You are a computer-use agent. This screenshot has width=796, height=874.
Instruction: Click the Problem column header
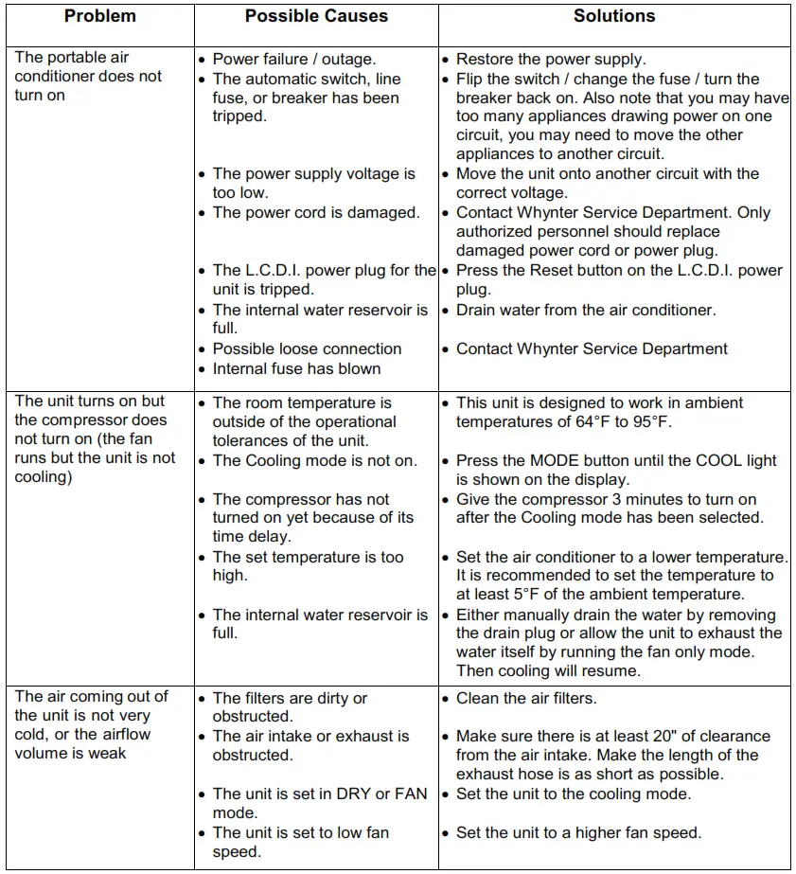(x=99, y=16)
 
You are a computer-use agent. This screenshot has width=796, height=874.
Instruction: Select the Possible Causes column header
(x=316, y=16)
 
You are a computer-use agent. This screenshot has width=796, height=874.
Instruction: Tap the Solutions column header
(x=613, y=16)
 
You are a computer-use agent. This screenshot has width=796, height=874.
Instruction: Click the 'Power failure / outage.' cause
(x=294, y=60)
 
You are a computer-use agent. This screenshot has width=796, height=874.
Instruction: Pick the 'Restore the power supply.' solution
(x=551, y=60)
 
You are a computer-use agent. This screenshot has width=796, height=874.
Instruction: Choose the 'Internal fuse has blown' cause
(x=296, y=368)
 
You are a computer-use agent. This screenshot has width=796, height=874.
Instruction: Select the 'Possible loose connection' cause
(x=307, y=348)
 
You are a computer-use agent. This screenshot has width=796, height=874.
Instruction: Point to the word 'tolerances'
(x=255, y=441)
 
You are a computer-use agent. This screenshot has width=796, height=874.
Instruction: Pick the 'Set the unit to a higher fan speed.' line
(x=578, y=833)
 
